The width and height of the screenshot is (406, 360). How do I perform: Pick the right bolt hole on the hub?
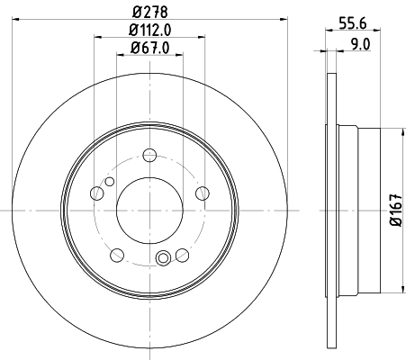pos(201,192)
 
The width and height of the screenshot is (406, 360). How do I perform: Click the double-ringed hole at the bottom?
pos(163,260)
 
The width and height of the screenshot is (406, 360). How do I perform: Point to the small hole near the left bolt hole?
pos(110,183)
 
